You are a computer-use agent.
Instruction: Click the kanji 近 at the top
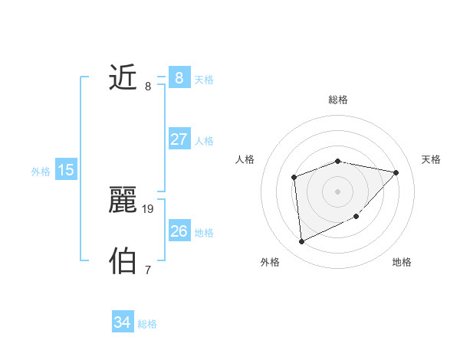coord(123,78)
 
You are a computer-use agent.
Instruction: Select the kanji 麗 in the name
coord(123,201)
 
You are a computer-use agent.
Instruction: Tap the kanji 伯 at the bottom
coord(123,261)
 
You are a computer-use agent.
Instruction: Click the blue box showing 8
coord(179,77)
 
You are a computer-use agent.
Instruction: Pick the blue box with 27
coord(179,139)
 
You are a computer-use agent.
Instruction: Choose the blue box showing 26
coord(179,231)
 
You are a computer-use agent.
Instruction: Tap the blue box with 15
coord(66,170)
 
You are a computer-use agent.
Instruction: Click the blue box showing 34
coord(122,322)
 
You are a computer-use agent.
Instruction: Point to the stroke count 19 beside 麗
coord(149,208)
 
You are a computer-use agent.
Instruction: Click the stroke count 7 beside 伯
coord(148,270)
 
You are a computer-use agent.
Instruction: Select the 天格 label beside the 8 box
coord(204,79)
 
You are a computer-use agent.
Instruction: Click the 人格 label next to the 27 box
coord(204,141)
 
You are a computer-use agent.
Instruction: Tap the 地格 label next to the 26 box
coord(204,232)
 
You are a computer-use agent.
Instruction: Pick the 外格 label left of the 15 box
coord(41,172)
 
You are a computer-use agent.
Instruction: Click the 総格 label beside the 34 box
coord(147,324)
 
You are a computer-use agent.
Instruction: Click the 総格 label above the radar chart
coord(338,100)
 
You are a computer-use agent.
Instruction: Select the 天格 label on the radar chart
coord(431,159)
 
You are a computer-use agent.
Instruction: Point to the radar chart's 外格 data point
coord(302,242)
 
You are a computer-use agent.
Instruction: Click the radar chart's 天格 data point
coord(396,172)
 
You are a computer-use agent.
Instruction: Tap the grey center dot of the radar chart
coord(337,191)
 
